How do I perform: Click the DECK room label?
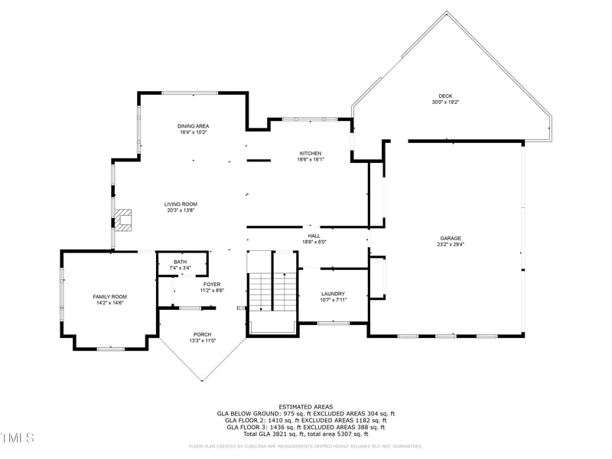point(445,96)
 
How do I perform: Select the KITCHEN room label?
point(311,153)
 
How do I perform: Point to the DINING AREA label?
point(193,126)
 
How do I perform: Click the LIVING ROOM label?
point(181,204)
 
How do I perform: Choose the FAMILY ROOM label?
point(109,297)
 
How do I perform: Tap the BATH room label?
point(180,262)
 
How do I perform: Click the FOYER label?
point(212,285)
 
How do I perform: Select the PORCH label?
point(202,334)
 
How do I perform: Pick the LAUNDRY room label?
point(333,294)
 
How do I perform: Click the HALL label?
point(314,236)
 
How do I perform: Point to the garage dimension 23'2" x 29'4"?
point(451,245)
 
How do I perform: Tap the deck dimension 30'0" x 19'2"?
point(445,102)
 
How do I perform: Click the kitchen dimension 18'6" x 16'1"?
point(311,159)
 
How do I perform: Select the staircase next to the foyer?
point(272,291)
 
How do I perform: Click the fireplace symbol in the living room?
point(125,220)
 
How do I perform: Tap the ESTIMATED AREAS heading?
point(305,406)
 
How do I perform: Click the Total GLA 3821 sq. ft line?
point(305,434)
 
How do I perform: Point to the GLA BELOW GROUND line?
point(305,413)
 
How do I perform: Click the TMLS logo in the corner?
point(18,438)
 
